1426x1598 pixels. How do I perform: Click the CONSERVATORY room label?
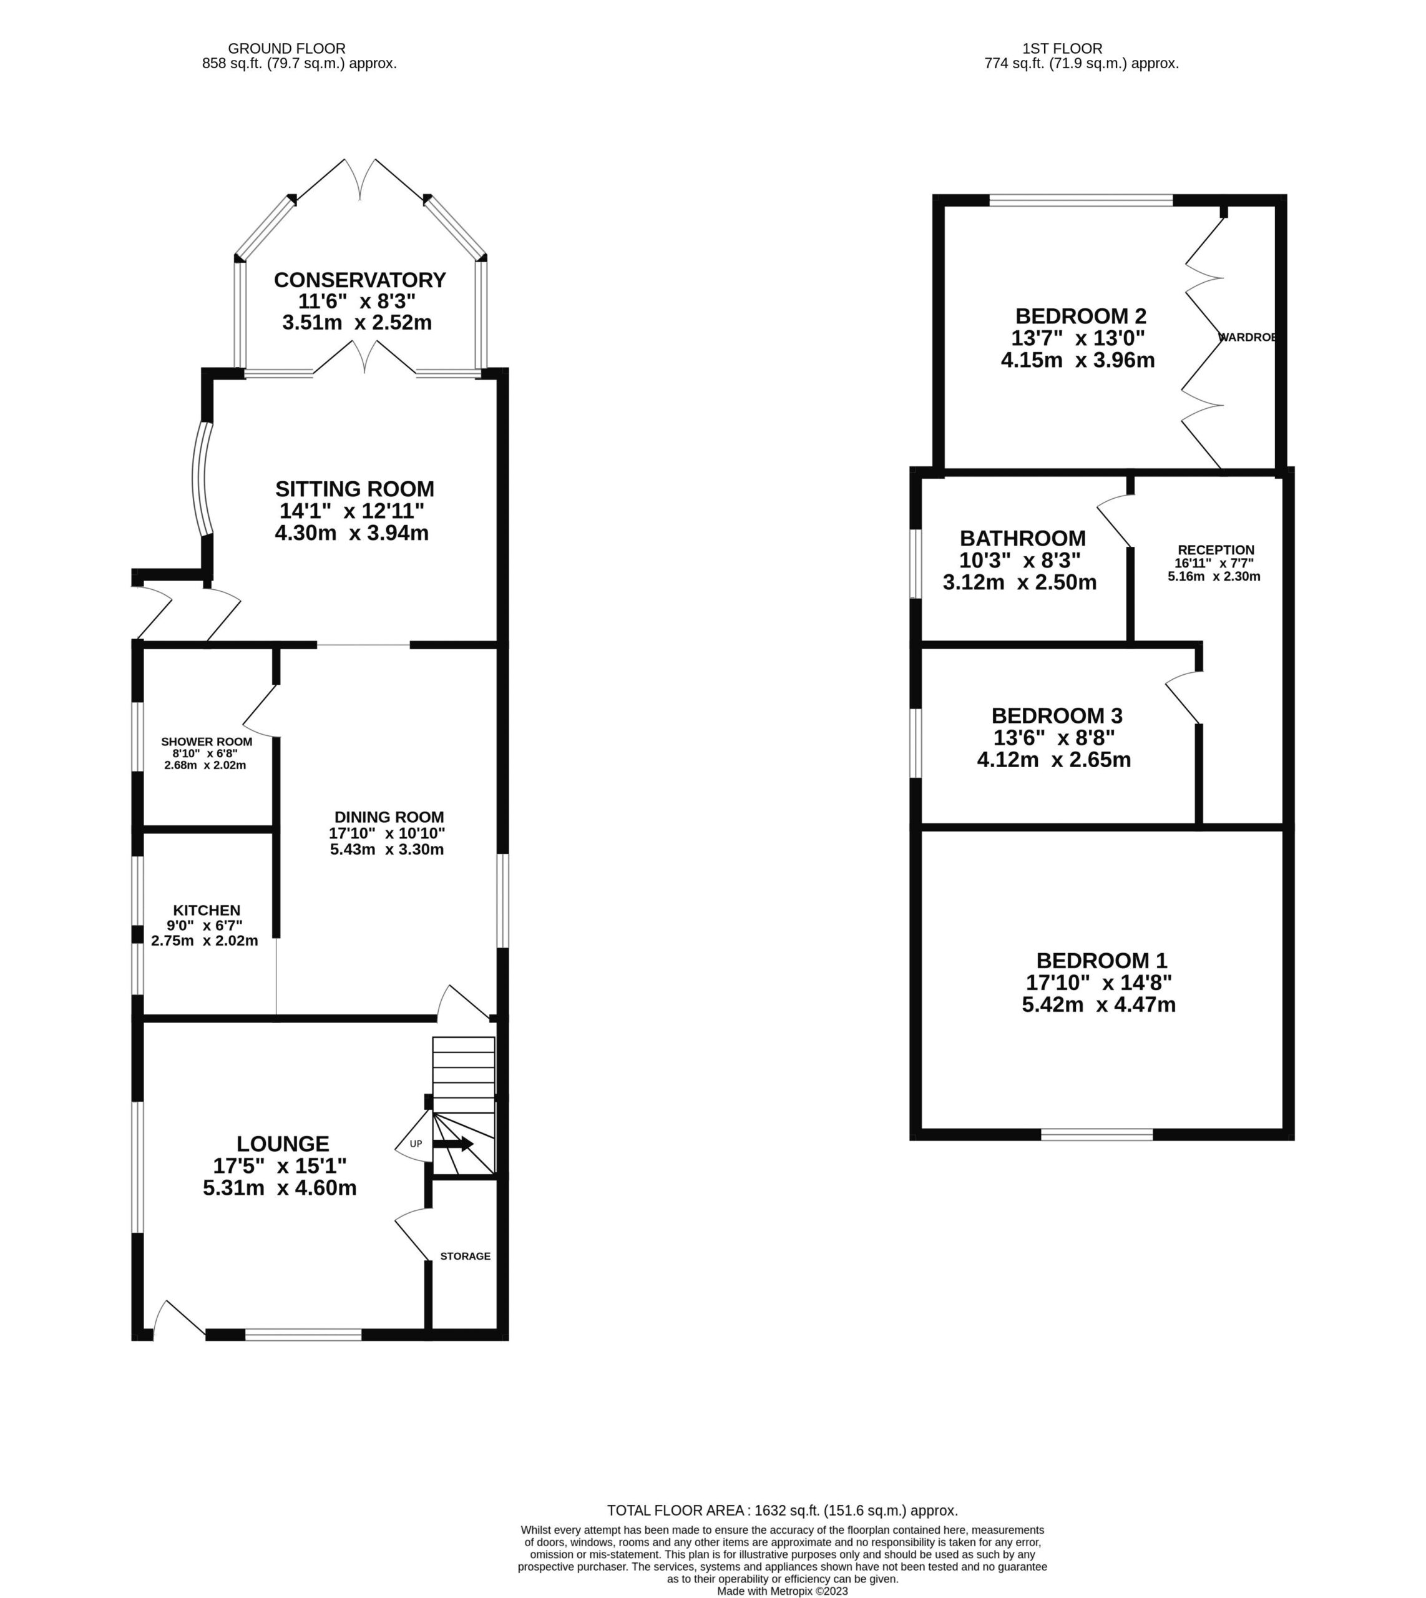pyautogui.click(x=359, y=280)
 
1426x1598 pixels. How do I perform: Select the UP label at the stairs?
pyautogui.click(x=416, y=1144)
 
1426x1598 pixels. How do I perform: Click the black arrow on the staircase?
pyautogui.click(x=453, y=1144)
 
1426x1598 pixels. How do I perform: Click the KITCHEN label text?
pyautogui.click(x=207, y=910)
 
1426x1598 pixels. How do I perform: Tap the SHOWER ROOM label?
pyautogui.click(x=207, y=742)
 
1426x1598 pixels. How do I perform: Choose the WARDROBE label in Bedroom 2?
pyautogui.click(x=1248, y=337)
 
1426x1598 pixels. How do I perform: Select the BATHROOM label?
pyautogui.click(x=1022, y=539)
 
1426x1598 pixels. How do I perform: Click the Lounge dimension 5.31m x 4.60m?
pyautogui.click(x=280, y=1187)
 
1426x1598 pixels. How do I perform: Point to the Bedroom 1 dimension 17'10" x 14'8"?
pyautogui.click(x=1098, y=982)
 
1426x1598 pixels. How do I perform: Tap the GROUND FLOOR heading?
pyautogui.click(x=287, y=49)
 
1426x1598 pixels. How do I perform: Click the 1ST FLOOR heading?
pyautogui.click(x=1062, y=49)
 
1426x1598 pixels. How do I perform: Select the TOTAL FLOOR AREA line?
pyautogui.click(x=783, y=1510)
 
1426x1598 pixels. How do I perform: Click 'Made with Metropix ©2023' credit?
pyautogui.click(x=783, y=1591)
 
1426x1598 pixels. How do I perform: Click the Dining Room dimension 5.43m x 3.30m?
pyautogui.click(x=387, y=850)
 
